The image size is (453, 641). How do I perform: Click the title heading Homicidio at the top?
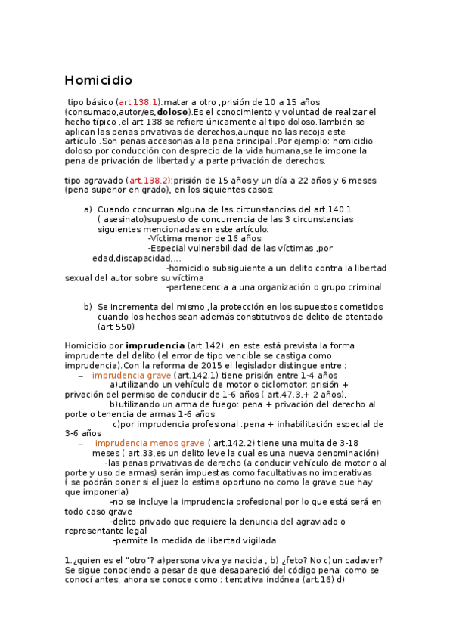(98, 80)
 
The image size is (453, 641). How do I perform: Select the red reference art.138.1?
(138, 101)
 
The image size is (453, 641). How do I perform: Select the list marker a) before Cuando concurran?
(88, 209)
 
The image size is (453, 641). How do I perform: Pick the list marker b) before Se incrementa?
(88, 307)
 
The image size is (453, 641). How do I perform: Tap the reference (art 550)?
(116, 327)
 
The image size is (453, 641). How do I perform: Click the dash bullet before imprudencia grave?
(81, 376)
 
